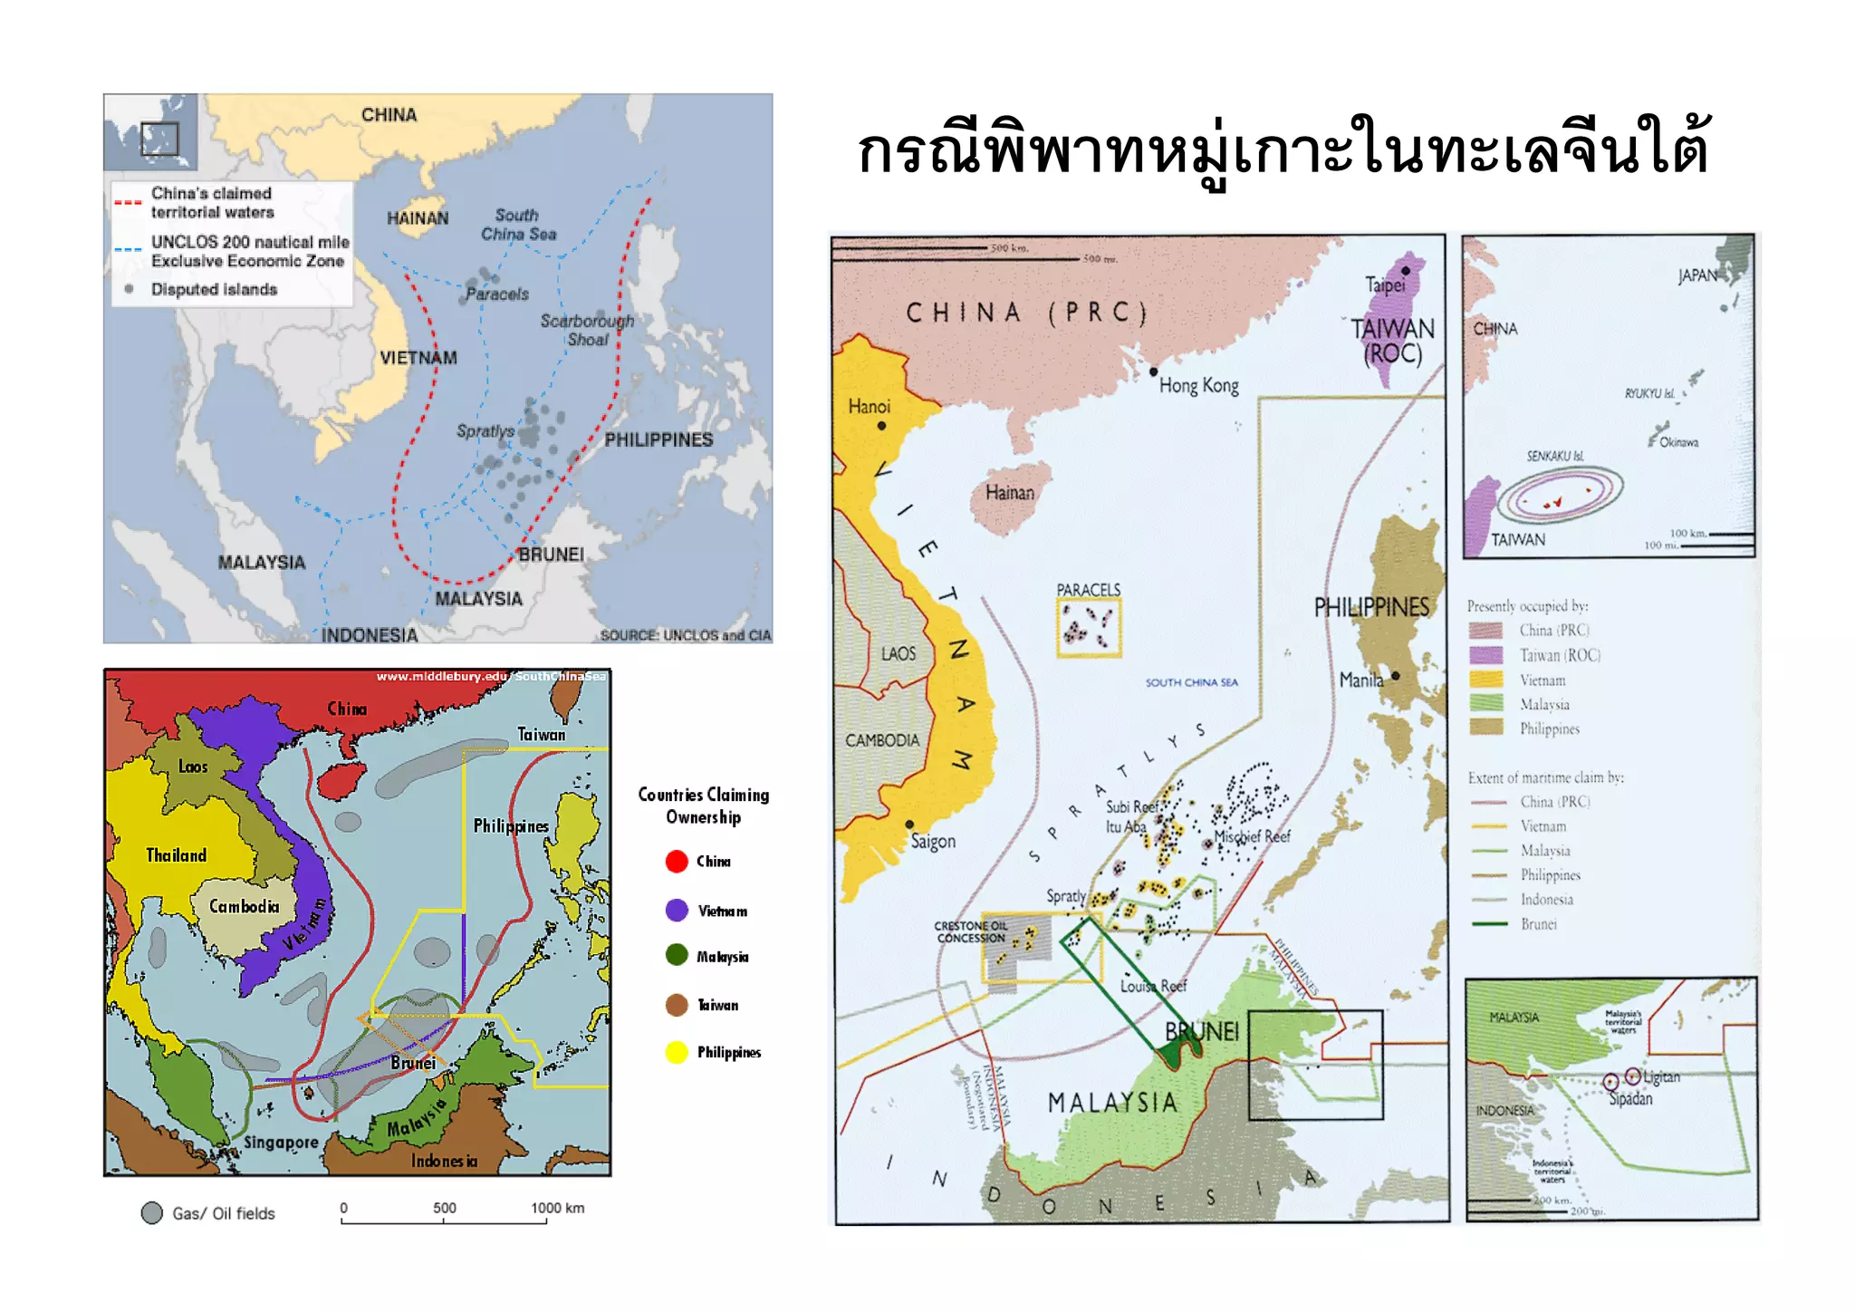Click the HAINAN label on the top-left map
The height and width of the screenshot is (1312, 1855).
[418, 218]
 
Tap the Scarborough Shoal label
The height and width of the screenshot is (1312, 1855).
[587, 330]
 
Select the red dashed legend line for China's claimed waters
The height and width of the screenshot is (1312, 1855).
[128, 202]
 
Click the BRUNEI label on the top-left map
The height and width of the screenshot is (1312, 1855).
[551, 554]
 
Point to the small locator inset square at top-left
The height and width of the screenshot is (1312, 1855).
[159, 139]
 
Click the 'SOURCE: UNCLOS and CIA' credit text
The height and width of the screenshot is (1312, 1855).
[685, 635]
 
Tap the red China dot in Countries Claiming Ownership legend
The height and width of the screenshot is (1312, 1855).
[677, 861]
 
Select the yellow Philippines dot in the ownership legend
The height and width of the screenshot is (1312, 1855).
[677, 1052]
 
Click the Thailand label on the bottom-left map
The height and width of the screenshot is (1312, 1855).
[176, 855]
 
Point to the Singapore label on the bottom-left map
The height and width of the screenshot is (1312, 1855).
[281, 1143]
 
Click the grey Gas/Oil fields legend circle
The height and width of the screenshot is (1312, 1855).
[152, 1213]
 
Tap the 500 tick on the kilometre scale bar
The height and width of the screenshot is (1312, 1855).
[444, 1209]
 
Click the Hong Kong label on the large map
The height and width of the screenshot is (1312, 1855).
[1198, 385]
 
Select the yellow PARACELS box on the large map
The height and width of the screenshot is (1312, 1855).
[1089, 627]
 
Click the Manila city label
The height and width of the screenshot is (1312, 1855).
[1360, 680]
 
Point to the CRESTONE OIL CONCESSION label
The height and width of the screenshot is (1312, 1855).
[971, 931]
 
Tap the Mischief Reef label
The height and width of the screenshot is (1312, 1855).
[1253, 836]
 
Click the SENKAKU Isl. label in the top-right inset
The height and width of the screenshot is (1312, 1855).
[1554, 456]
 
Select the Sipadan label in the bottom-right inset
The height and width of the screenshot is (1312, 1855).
[1630, 1098]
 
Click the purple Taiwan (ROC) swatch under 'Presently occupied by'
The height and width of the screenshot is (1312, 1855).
[1485, 655]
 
